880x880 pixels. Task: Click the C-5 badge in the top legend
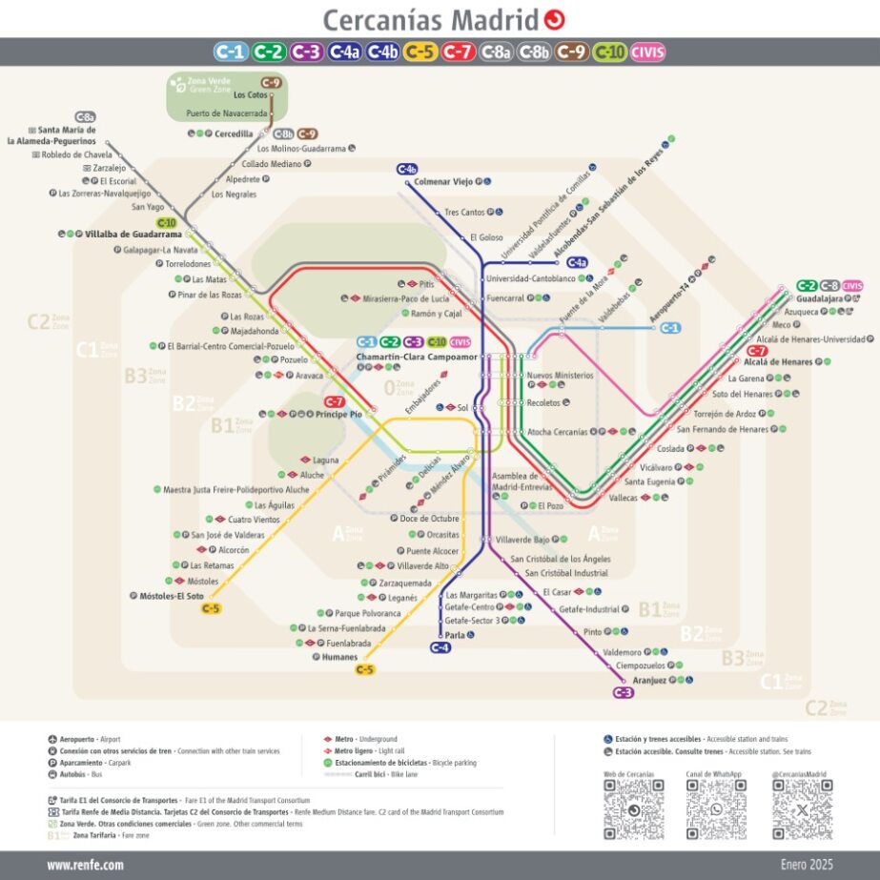420,52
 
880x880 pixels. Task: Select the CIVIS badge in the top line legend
648,52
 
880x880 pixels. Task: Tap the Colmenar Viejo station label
443,181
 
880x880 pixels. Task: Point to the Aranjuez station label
649,681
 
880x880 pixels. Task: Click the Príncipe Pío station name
339,414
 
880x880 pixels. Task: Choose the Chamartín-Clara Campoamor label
416,357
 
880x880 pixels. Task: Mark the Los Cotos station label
251,95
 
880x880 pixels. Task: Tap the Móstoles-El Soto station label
166,596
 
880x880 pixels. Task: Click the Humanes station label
340,657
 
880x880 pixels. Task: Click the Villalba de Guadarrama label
133,234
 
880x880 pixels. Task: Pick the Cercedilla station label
234,133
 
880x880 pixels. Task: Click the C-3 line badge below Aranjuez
624,693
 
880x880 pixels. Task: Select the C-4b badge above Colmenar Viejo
407,169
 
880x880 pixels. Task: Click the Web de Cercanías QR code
633,809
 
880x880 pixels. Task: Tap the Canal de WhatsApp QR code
716,809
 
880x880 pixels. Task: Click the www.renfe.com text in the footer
85,865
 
